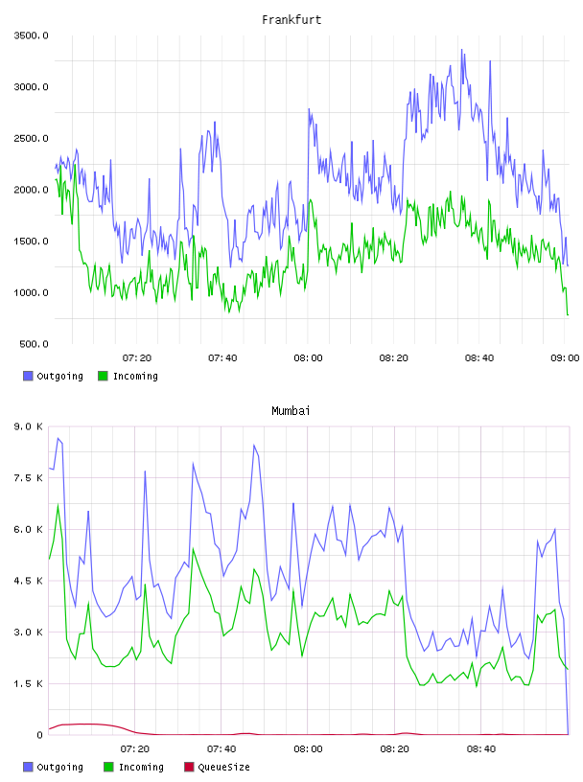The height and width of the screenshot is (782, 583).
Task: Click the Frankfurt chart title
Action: (291, 19)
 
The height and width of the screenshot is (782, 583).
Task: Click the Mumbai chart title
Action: (291, 410)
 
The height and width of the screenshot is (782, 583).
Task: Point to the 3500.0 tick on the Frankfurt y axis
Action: (31, 35)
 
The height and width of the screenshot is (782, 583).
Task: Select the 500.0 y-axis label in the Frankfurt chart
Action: (34, 344)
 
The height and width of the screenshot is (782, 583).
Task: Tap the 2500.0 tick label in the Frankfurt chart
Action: (31, 138)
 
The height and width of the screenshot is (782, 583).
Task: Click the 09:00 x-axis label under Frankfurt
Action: (565, 357)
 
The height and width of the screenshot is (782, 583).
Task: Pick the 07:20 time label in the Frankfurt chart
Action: (137, 357)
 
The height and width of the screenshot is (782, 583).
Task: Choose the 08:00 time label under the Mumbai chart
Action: (308, 748)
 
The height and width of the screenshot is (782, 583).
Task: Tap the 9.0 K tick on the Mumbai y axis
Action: (29, 426)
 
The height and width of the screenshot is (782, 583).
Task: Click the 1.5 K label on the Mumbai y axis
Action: (29, 683)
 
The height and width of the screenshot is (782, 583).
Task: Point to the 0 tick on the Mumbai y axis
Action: (40, 735)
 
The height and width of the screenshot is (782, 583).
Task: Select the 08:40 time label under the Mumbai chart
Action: (481, 748)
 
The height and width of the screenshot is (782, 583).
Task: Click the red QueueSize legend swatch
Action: (189, 767)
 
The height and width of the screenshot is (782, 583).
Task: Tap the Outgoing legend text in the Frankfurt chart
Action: (59, 376)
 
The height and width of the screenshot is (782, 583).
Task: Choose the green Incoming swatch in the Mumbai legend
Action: (108, 767)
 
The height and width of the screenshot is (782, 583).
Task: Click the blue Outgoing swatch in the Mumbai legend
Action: (28, 767)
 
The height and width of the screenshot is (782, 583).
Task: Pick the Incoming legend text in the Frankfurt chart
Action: (135, 376)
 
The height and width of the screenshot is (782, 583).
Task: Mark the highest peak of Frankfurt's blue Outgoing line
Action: (462, 50)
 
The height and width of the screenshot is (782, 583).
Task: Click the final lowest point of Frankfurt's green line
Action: (568, 314)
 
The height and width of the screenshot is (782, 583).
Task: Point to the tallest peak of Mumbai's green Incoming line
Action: (58, 505)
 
